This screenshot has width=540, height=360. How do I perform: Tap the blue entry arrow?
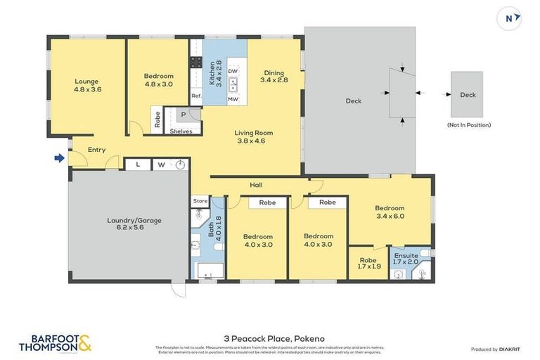[x=60, y=157]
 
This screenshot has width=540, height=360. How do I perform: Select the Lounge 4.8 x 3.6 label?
[x=88, y=85]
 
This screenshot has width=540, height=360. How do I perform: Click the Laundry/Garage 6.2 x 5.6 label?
[x=134, y=224]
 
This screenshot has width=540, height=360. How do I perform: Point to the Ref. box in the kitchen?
[x=196, y=96]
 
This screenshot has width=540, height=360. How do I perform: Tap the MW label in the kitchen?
[x=233, y=100]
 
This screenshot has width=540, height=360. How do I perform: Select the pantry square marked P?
[x=184, y=115]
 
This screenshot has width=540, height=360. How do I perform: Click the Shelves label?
[x=181, y=131]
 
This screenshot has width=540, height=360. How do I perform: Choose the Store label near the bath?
[x=200, y=201]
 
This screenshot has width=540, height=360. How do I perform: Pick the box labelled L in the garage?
[x=138, y=165]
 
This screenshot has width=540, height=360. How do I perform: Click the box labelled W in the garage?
[x=161, y=165]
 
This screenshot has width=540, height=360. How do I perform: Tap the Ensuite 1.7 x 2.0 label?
[x=406, y=258]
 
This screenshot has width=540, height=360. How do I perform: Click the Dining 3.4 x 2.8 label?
[x=274, y=76]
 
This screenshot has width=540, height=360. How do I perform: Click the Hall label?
[x=256, y=185]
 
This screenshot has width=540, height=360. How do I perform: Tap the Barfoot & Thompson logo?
[x=55, y=343]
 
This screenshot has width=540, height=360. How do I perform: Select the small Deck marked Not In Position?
[x=468, y=94]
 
